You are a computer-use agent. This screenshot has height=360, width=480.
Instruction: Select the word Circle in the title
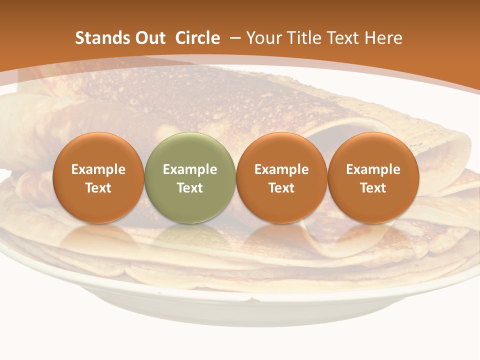click(197, 38)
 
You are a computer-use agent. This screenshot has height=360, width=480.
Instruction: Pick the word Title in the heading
click(302, 38)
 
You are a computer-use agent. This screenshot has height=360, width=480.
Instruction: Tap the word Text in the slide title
click(343, 38)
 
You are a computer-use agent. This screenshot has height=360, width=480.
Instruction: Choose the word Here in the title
click(383, 38)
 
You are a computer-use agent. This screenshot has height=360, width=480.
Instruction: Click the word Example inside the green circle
click(190, 169)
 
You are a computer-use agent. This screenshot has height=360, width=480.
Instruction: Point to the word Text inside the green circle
click(190, 188)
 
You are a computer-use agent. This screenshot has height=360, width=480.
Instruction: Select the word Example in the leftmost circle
click(98, 169)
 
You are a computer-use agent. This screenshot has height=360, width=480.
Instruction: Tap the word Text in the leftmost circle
click(98, 188)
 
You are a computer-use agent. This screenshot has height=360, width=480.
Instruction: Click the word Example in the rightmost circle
click(373, 169)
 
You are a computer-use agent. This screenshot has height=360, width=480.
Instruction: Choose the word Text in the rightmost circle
click(373, 188)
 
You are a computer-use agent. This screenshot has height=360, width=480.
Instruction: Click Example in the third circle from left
click(281, 169)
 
